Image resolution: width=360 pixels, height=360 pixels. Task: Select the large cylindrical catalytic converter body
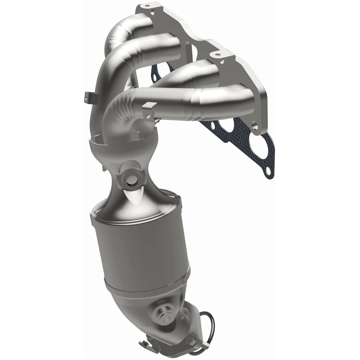[141, 246]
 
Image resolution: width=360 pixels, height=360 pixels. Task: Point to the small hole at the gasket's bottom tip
[268, 171]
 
